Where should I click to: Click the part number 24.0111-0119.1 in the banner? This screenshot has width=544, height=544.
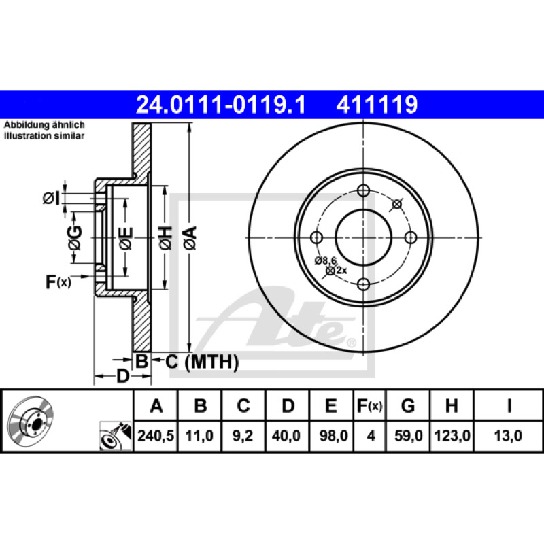tap(221, 105)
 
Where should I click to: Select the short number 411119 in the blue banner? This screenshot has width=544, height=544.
tap(377, 105)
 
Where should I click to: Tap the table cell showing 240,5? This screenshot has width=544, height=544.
tap(156, 436)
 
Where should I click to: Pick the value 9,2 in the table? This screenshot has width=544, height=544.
tap(243, 436)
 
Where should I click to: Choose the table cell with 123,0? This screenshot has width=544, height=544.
tap(452, 436)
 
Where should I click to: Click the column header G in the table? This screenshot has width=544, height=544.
tap(407, 405)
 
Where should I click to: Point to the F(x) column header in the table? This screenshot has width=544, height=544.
tap(370, 405)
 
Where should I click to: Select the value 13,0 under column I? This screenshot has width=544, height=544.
tap(508, 436)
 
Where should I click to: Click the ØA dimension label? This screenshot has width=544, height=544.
tap(190, 237)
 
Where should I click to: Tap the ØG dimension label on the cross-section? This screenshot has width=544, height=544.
tap(75, 237)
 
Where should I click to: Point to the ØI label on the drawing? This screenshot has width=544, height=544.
tap(52, 199)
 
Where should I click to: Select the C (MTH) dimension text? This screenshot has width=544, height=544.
tap(202, 362)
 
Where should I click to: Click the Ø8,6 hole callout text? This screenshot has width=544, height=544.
tap(326, 260)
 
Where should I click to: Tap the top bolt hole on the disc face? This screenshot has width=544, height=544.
tap(363, 190)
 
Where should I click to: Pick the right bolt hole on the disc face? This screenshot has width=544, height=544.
tap(411, 237)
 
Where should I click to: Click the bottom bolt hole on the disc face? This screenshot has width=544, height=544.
tap(363, 285)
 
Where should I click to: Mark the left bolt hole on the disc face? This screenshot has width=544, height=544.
tap(316, 237)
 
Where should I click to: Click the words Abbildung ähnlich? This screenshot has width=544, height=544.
tap(44, 125)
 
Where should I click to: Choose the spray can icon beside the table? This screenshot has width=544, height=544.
tap(116, 436)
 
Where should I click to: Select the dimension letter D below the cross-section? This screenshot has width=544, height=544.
tap(122, 376)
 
